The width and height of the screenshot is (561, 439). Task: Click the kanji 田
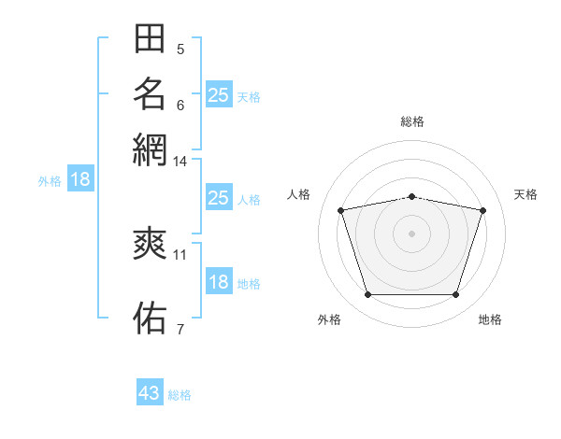coord(150,38)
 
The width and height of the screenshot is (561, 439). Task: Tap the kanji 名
coord(150,93)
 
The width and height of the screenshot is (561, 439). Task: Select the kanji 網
coord(150,149)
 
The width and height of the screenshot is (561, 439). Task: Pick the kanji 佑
coord(150,318)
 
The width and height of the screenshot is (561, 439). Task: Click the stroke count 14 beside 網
coord(180,162)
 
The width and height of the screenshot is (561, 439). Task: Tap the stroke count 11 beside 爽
coord(180,255)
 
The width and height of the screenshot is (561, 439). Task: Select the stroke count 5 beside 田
coord(180,50)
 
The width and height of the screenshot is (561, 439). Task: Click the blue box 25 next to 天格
coord(219,94)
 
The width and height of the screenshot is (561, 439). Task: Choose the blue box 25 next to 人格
coord(219,197)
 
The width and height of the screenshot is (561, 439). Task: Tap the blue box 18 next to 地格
coord(219,280)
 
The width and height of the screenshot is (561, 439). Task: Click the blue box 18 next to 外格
coord(80,178)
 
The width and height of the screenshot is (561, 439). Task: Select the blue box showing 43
coord(150,391)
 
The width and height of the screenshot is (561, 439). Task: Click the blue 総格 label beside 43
coord(180,395)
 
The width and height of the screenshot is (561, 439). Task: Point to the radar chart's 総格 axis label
coord(412,121)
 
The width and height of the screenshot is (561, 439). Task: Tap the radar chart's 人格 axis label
coord(298,194)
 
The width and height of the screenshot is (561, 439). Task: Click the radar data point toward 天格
coord(483,210)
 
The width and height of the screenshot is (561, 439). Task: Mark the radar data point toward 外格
coord(368,294)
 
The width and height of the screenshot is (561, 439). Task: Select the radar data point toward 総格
coord(411,197)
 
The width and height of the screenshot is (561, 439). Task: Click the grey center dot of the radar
coord(411,234)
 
